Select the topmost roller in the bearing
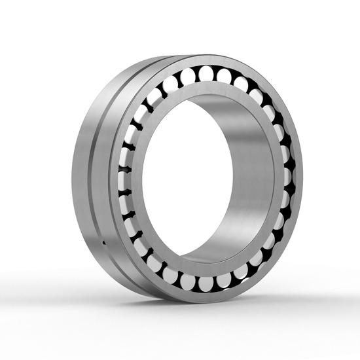coord(206,72)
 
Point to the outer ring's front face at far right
coord(298,177)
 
